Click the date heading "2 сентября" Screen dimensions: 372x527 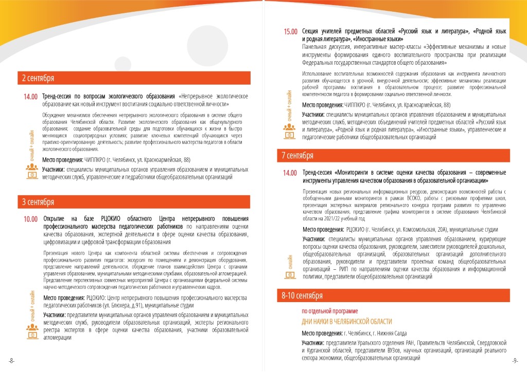point(38,79)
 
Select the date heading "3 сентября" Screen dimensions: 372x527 point(38,202)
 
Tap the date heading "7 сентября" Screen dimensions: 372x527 point(298,155)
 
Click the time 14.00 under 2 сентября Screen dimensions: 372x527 point(31,97)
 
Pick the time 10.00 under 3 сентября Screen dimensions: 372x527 point(31,219)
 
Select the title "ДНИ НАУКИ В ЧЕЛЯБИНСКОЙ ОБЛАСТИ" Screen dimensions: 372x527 point(346,322)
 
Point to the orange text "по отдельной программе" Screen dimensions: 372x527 point(329,311)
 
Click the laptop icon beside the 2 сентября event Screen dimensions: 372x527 point(31,174)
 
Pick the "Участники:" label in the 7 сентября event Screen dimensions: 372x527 point(313,239)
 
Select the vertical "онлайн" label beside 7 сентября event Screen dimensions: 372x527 point(290,260)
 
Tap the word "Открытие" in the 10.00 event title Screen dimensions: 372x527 point(57,219)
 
